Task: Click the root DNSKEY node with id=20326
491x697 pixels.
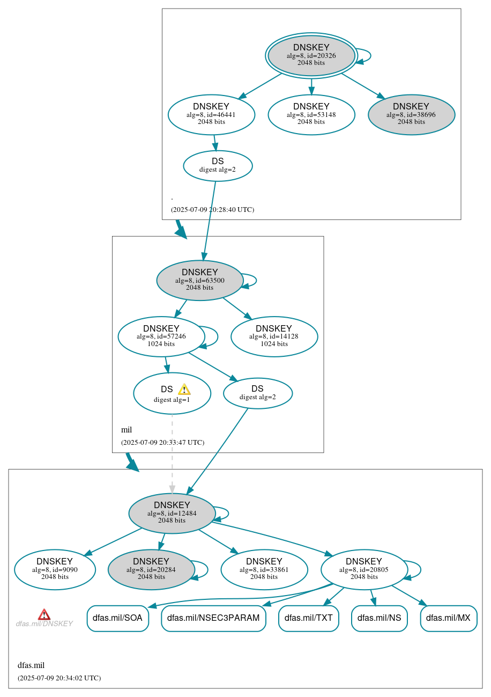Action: pyautogui.click(x=311, y=55)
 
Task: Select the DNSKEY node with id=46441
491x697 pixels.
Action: pyautogui.click(x=211, y=114)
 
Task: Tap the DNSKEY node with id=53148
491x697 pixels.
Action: pyautogui.click(x=311, y=114)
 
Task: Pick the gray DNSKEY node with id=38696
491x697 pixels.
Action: pyautogui.click(x=411, y=114)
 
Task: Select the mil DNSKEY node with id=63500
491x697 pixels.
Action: pyautogui.click(x=200, y=280)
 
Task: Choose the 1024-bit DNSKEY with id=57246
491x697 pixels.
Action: pyautogui.click(x=161, y=336)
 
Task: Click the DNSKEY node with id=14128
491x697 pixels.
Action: pyautogui.click(x=274, y=336)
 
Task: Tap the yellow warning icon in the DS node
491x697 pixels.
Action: pyautogui.click(x=184, y=389)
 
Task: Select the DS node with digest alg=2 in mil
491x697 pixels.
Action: pyautogui.click(x=258, y=393)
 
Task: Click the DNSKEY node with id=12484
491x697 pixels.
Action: pyautogui.click(x=172, y=513)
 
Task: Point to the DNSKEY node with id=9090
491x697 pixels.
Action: pyautogui.click(x=55, y=569)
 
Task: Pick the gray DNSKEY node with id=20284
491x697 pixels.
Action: pyautogui.click(x=151, y=569)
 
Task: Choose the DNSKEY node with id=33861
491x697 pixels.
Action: pyautogui.click(x=264, y=569)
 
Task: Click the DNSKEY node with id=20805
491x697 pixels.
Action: pyautogui.click(x=364, y=569)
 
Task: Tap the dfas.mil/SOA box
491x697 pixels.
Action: pyautogui.click(x=117, y=618)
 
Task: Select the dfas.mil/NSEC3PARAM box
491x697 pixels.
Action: pyautogui.click(x=213, y=618)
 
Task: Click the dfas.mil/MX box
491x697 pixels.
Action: pyautogui.click(x=448, y=618)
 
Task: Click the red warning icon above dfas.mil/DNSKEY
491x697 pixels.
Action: pyautogui.click(x=44, y=614)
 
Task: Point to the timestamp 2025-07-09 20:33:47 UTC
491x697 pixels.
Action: pyautogui.click(x=162, y=443)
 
